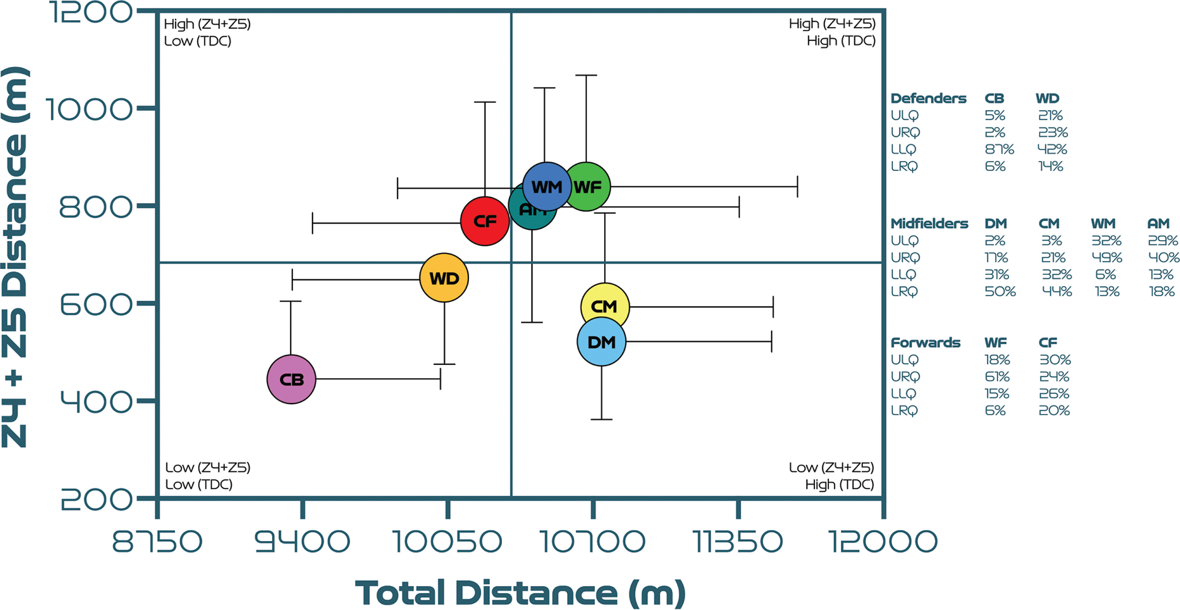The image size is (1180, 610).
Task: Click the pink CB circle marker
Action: (291, 379)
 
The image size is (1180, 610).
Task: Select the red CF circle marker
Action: (485, 221)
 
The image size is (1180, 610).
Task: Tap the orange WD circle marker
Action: (444, 278)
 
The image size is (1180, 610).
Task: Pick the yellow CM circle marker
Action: (605, 306)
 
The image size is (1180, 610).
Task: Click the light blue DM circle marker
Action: (601, 342)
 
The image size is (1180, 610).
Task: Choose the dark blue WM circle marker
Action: (546, 186)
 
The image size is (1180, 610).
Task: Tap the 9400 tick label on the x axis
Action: (302, 541)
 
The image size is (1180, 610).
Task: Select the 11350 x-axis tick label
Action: (738, 541)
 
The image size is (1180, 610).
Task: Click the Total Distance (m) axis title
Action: (520, 593)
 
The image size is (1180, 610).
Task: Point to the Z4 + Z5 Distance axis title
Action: (16, 256)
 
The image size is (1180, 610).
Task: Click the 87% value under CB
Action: (999, 149)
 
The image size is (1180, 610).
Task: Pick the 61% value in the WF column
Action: (997, 376)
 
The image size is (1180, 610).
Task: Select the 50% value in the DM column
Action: (1000, 291)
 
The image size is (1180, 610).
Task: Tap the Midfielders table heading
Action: (929, 224)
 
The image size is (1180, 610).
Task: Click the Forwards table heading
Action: (925, 342)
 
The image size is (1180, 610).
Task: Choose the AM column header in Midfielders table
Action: (1158, 224)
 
